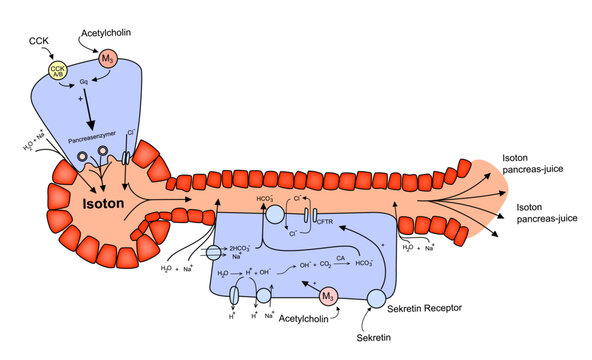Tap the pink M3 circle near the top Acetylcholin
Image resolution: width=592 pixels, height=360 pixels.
click(x=108, y=61)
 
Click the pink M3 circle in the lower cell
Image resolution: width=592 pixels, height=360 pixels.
click(x=327, y=296)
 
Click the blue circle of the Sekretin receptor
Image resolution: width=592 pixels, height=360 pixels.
click(x=376, y=299)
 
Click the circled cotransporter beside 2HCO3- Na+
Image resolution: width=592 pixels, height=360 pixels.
click(x=214, y=252)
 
